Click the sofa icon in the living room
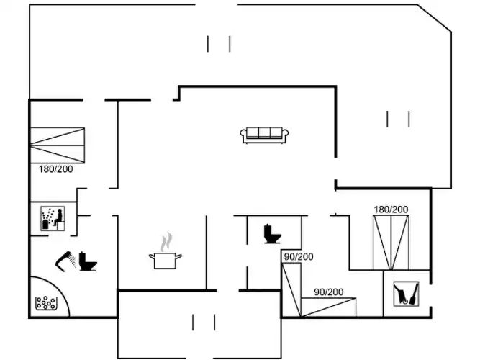click(x=266, y=134)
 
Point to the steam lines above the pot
click(x=167, y=240)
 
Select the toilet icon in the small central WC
click(x=271, y=233)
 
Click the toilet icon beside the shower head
click(x=89, y=261)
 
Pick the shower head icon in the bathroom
click(x=65, y=259)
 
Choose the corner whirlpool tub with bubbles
click(x=47, y=302)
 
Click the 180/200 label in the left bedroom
click(x=55, y=168)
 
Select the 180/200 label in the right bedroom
click(x=391, y=210)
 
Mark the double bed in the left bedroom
click(x=58, y=144)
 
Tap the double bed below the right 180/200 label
click(x=391, y=241)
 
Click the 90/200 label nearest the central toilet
click(x=298, y=257)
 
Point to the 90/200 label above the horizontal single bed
click(x=328, y=292)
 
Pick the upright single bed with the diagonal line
click(x=291, y=289)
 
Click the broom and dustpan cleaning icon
click(x=405, y=294)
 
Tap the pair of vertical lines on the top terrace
click(x=219, y=44)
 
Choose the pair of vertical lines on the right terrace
click(x=398, y=118)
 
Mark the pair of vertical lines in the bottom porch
click(x=204, y=322)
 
